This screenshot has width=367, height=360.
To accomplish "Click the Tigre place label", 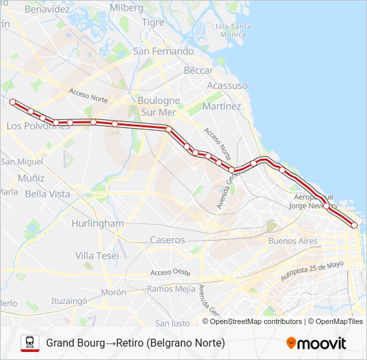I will click(x=153, y=22).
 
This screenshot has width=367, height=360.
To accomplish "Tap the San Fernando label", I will click(x=163, y=51).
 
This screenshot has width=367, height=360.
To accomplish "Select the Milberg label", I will click(x=126, y=7).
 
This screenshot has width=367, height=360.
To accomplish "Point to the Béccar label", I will click(x=198, y=70).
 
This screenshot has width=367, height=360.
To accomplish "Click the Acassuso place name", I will click(x=228, y=86).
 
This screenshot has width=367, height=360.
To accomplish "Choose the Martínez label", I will click(x=223, y=106).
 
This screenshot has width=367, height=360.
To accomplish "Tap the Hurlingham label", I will click(x=98, y=223).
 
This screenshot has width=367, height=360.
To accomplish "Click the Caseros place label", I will click(x=167, y=239).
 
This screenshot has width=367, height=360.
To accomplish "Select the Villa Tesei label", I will click(x=97, y=255).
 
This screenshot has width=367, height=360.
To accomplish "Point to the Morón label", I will click(x=113, y=292).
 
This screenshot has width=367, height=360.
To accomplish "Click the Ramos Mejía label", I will click(x=171, y=289).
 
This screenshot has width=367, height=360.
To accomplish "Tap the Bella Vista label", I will click(x=47, y=194).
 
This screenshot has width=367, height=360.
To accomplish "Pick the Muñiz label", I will click(x=31, y=178).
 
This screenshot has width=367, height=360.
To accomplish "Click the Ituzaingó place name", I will click(x=69, y=301).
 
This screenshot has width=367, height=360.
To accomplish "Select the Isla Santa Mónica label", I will click(x=232, y=30).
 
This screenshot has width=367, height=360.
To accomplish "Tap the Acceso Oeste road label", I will click(x=170, y=273).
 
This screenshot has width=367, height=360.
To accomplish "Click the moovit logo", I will click(x=316, y=343).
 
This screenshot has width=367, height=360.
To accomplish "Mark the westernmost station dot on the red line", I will click(x=13, y=101).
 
